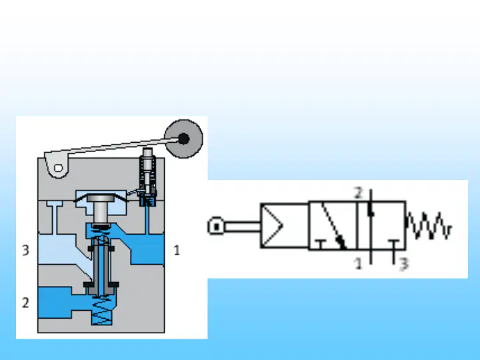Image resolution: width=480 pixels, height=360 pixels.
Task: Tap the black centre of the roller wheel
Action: tap(184, 139)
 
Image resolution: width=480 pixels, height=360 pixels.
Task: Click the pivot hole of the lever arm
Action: tap(58, 168)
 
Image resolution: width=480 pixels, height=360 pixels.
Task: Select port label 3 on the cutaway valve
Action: tap(26, 250)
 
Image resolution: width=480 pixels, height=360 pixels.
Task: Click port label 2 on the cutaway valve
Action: tap(26, 303)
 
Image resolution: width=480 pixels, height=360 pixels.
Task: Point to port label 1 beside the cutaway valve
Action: tap(177, 251)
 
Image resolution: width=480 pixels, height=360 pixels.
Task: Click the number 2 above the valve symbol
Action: tap(358, 193)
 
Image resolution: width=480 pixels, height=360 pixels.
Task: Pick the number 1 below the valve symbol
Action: tap(358, 263)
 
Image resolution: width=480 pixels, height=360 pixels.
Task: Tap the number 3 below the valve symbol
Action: tap(405, 264)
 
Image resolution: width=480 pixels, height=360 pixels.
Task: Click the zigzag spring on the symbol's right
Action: tap(429, 226)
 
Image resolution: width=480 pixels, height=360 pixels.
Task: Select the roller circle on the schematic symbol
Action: tap(216, 226)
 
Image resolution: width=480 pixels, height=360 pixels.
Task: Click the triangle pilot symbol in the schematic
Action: tap(272, 226)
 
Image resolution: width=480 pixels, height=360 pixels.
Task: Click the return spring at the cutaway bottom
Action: tap(102, 311)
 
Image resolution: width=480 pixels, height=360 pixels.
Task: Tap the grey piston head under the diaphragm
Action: tap(101, 199)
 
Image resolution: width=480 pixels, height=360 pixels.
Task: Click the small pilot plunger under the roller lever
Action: tap(147, 171)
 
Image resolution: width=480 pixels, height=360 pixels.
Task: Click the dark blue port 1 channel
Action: tap(147, 249)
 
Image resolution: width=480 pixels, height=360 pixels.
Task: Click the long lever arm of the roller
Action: tap(113, 147)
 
